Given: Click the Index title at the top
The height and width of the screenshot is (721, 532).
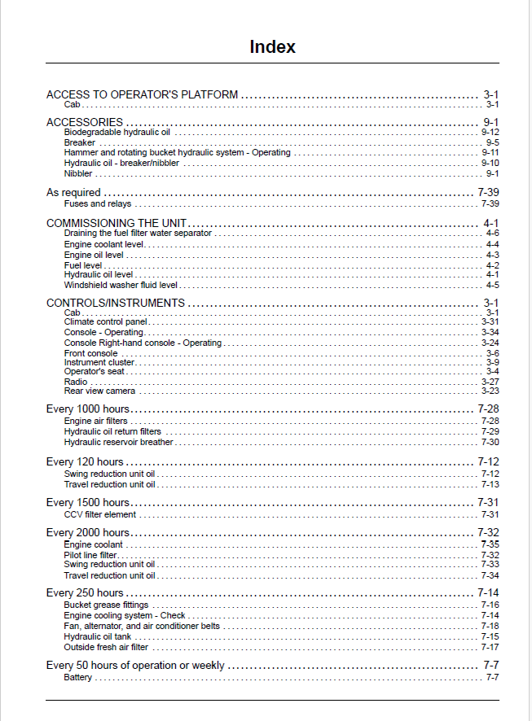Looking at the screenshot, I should pyautogui.click(x=272, y=47).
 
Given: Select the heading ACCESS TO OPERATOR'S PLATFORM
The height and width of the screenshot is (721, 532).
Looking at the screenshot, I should pyautogui.click(x=142, y=94).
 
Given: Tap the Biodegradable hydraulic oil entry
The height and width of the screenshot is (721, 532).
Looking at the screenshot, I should pyautogui.click(x=117, y=132).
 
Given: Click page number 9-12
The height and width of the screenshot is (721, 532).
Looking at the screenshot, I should pyautogui.click(x=490, y=132).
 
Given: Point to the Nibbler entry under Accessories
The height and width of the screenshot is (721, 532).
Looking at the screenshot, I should pyautogui.click(x=78, y=173).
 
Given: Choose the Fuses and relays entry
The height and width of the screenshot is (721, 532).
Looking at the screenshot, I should pyautogui.click(x=98, y=204).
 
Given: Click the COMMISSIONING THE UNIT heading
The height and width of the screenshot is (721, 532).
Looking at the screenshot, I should pyautogui.click(x=117, y=223).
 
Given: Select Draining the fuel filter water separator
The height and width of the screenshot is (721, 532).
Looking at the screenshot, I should pyautogui.click(x=138, y=234).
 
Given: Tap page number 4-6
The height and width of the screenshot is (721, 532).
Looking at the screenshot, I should pyautogui.click(x=492, y=234).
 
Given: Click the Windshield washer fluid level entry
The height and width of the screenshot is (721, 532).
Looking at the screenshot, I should pyautogui.click(x=121, y=286).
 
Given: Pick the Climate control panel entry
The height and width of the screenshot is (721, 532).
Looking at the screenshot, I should pyautogui.click(x=106, y=322).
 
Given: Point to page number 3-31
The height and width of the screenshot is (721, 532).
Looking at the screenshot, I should pyautogui.click(x=490, y=322).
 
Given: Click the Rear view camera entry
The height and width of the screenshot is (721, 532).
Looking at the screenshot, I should pyautogui.click(x=99, y=391).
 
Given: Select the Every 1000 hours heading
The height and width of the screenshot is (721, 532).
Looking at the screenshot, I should pyautogui.click(x=87, y=409).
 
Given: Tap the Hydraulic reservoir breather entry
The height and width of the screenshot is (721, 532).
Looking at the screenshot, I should pyautogui.click(x=118, y=443).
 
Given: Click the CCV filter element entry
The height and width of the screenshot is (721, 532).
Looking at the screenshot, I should pyautogui.click(x=100, y=515).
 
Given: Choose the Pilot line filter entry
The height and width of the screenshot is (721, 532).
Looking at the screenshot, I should pyautogui.click(x=90, y=555).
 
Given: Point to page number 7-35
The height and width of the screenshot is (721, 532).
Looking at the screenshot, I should pyautogui.click(x=490, y=544).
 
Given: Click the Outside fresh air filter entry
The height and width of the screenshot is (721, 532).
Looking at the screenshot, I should pyautogui.click(x=106, y=648).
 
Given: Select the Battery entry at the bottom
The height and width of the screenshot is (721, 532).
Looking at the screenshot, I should pyautogui.click(x=78, y=678).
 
